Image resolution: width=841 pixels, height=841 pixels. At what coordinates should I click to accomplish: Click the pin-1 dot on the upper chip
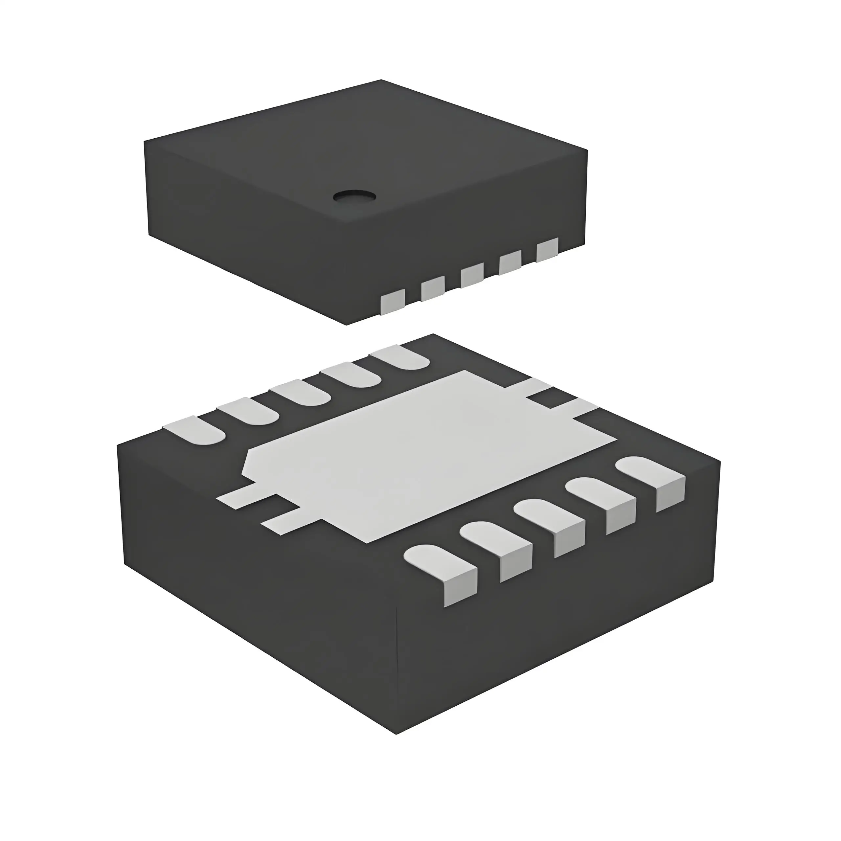pos(354,196)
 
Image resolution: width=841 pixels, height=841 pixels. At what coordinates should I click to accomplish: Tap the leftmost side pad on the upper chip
pos(393,304)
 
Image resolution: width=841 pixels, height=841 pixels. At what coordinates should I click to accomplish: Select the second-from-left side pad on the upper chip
pos(432,289)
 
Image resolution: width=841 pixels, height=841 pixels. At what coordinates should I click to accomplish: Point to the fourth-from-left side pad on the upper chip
pos(510,262)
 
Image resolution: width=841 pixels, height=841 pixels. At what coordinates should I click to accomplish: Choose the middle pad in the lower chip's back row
pos(300,392)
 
